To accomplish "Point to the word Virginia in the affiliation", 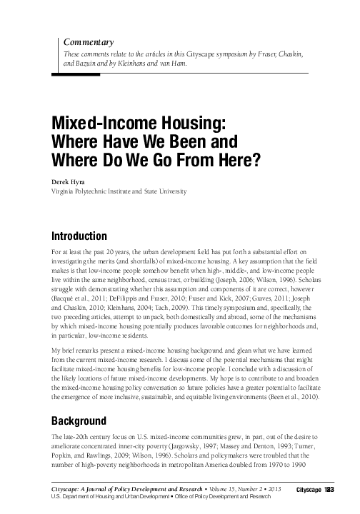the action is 66,191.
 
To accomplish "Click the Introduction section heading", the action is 80,236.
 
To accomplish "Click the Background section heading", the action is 79,420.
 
